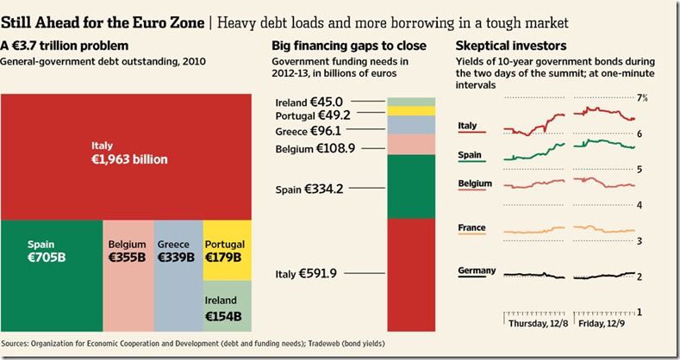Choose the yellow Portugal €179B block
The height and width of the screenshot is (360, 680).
[228, 251]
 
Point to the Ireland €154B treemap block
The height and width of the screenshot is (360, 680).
[228, 307]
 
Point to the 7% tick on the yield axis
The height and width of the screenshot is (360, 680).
[641, 98]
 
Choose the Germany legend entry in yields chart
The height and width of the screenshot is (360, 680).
[477, 272]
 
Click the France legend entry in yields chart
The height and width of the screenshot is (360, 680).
[472, 229]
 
